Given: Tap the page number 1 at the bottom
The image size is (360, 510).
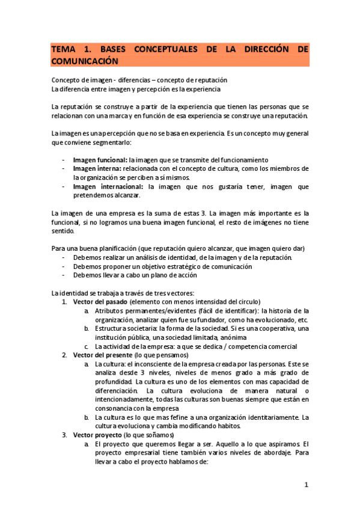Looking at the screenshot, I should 306,484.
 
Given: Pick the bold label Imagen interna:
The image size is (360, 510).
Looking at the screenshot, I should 97,169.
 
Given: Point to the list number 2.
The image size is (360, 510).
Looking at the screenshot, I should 65,355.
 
